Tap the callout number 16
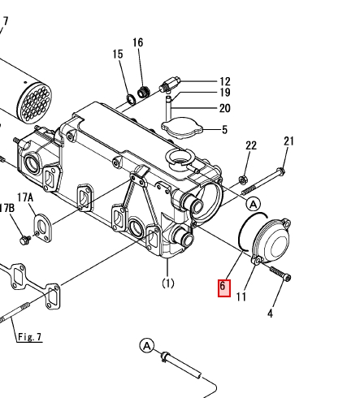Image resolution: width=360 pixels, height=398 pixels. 138,42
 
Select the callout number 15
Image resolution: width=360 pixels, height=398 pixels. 118,54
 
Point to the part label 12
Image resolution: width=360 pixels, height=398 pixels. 225,81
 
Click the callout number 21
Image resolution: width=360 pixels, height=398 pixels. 288,141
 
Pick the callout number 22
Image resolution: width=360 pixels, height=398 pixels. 251,145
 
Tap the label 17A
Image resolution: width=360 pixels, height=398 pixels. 25,197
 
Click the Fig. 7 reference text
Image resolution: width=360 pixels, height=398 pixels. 30,337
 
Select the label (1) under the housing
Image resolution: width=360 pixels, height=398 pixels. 168,283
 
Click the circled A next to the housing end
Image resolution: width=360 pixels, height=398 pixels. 254,204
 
